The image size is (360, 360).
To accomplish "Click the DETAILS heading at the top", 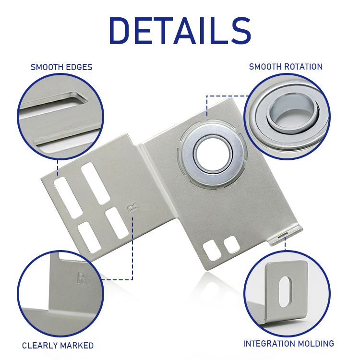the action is (180, 31).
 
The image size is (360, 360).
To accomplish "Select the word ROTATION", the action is (304, 67).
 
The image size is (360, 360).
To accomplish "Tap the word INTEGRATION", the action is (266, 344).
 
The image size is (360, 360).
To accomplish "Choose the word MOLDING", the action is (312, 344).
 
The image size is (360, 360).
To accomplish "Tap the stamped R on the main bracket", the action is (132, 208).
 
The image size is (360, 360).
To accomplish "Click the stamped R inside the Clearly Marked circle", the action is (82, 278).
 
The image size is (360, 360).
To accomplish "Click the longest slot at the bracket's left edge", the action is (68, 198).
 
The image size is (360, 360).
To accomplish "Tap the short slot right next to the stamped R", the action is (117, 223).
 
